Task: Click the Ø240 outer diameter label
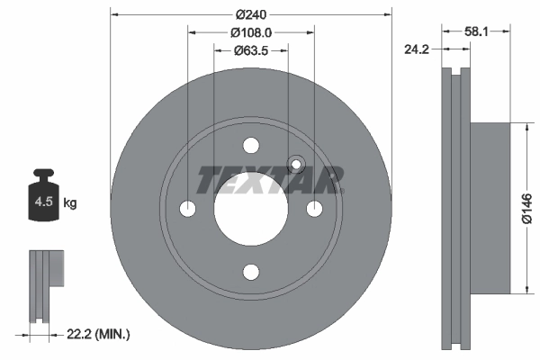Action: pos(251,14)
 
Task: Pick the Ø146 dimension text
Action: pos(529,207)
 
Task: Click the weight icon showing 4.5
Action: pos(42,198)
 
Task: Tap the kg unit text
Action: pos(70,203)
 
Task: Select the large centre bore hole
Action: pos(250,209)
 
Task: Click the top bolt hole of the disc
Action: pos(251,146)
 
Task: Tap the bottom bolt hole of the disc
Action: pos(251,272)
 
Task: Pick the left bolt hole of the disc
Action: pos(188,209)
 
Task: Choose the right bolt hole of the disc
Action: pos(314,209)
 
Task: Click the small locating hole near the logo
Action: pos(293,165)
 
